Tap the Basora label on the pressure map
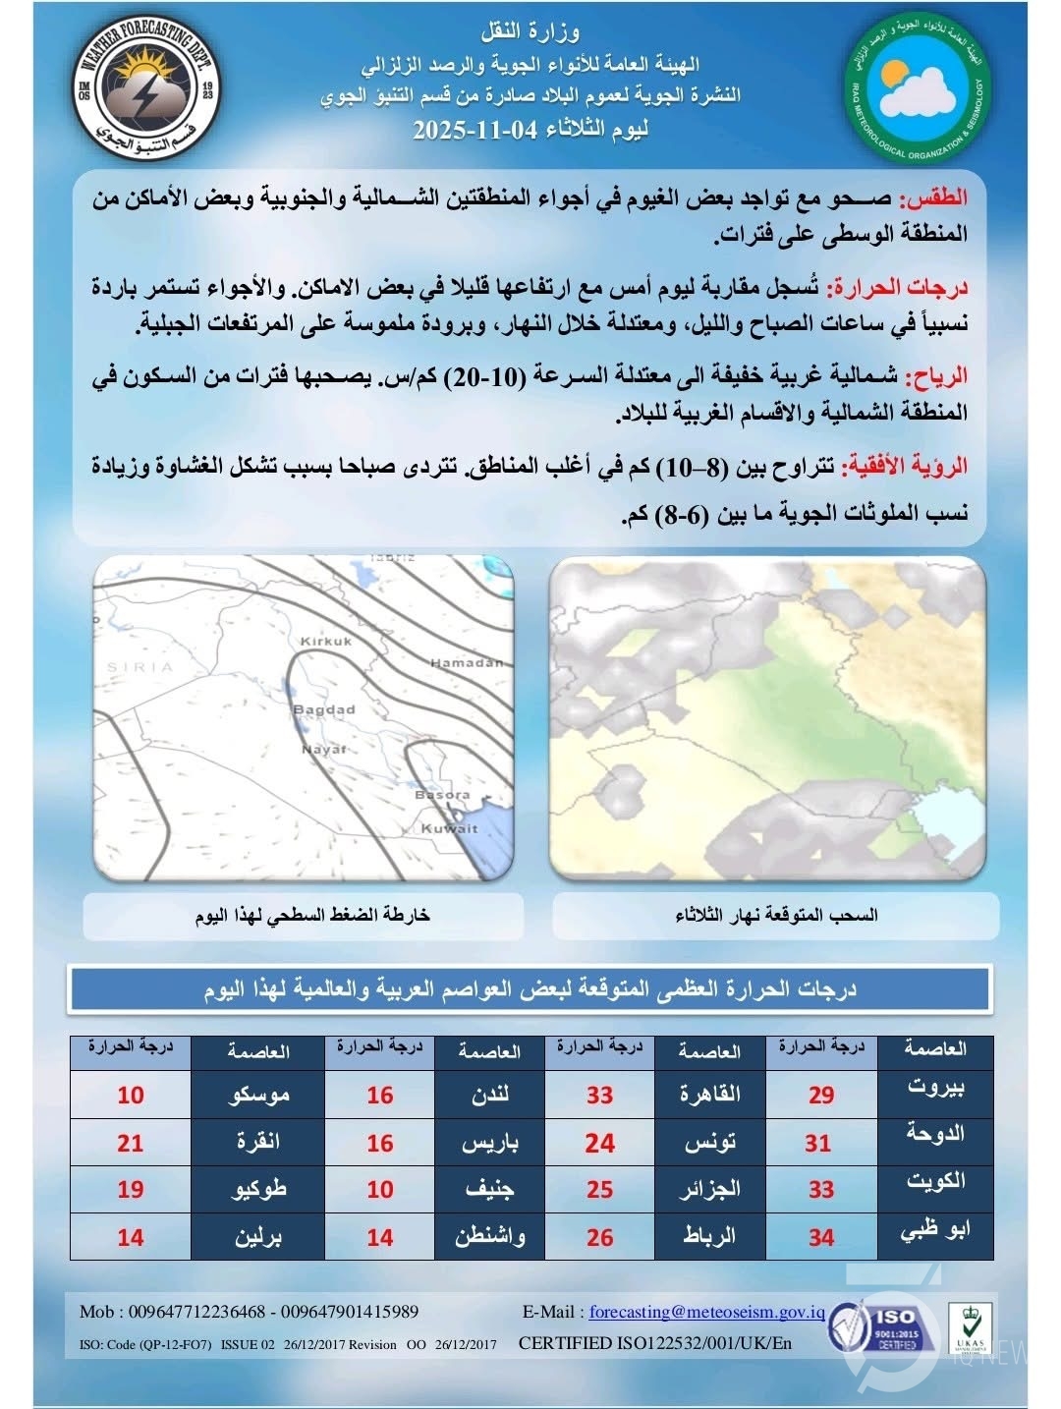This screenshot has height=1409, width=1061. coord(442,794)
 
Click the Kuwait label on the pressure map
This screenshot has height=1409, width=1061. coord(449,828)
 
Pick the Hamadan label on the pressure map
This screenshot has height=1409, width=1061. coord(467,663)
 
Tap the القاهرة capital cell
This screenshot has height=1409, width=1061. coord(709,1095)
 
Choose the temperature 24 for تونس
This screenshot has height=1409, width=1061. coord(599,1143)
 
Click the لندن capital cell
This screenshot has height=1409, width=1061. coord(488,1095)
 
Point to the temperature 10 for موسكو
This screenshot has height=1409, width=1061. coord(131,1095)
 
